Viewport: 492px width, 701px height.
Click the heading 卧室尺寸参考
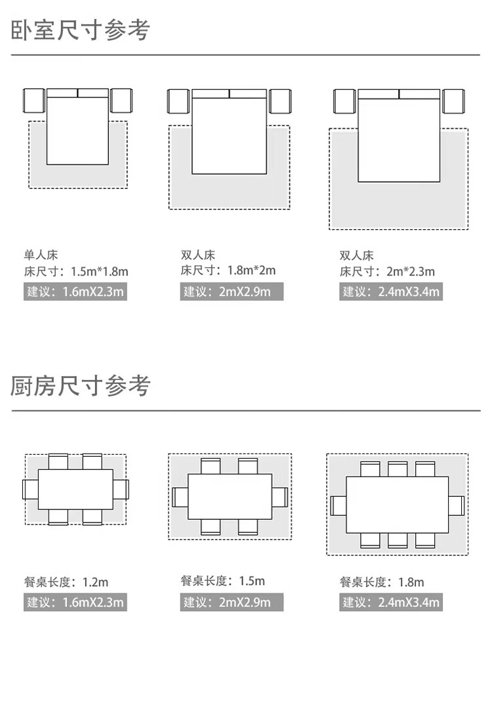click(80, 31)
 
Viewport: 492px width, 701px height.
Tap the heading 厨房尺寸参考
click(80, 386)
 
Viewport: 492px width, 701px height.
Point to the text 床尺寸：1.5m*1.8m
click(76, 271)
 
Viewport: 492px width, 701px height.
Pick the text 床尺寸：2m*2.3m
click(387, 272)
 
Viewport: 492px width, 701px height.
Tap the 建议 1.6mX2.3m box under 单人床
click(75, 291)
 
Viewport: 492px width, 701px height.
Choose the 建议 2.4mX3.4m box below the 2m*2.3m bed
click(391, 291)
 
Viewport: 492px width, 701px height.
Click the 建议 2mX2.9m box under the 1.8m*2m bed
click(232, 291)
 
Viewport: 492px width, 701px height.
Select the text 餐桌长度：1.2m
click(66, 582)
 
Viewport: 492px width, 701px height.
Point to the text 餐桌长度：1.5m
click(223, 581)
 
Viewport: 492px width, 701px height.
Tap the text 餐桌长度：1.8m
click(382, 582)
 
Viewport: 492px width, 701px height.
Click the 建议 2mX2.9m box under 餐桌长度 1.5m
click(232, 602)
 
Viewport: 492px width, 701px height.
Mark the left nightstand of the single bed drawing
click(33, 100)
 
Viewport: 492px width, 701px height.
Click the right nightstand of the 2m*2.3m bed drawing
click(454, 101)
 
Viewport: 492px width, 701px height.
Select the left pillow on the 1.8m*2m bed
click(211, 93)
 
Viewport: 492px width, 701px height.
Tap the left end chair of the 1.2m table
click(30, 489)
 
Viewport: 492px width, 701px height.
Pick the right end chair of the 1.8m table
click(456, 505)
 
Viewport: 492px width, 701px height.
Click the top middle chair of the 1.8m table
click(398, 469)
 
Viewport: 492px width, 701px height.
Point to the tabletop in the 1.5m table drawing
click(230, 497)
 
